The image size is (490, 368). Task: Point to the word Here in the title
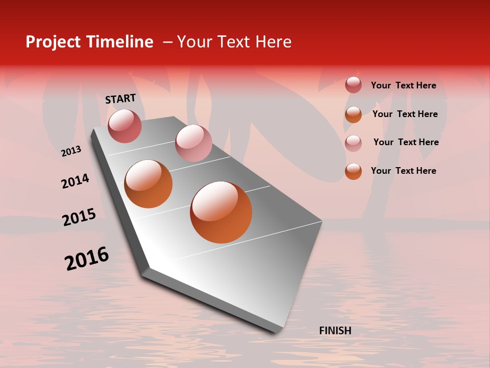click(x=273, y=42)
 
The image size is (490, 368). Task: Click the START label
click(x=120, y=99)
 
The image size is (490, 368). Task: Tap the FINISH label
click(x=335, y=331)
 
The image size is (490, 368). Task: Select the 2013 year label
click(x=71, y=151)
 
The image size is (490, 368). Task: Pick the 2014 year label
click(x=75, y=181)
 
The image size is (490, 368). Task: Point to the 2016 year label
click(x=87, y=259)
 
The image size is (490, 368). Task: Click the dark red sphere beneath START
click(x=125, y=126)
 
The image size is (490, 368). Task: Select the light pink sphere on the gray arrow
click(x=193, y=143)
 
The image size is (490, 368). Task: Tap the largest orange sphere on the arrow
click(x=221, y=212)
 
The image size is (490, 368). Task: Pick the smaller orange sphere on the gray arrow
click(x=149, y=184)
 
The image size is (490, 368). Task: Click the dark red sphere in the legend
click(x=353, y=85)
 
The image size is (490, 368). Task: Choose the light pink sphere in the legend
click(x=353, y=143)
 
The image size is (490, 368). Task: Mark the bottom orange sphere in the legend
click(x=353, y=171)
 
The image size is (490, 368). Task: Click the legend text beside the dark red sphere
click(x=403, y=85)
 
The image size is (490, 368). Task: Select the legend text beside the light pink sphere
click(x=406, y=142)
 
